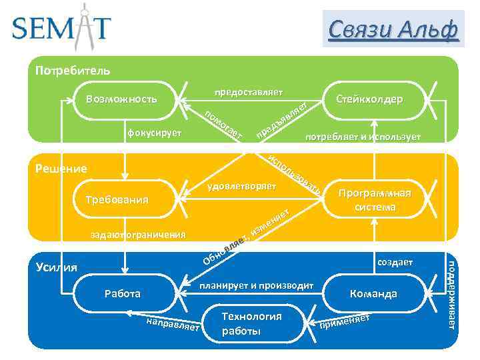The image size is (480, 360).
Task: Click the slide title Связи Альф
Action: coord(393,29)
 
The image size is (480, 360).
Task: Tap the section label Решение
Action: coord(61,169)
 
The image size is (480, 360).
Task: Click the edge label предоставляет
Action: coord(248,91)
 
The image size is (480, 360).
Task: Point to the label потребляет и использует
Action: coord(363,137)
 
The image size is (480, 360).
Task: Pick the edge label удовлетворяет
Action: coord(241,185)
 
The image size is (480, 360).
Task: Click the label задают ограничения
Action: coord(138,235)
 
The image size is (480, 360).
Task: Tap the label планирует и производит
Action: coord(257,285)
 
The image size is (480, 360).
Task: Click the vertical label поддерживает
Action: coord(451,293)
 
